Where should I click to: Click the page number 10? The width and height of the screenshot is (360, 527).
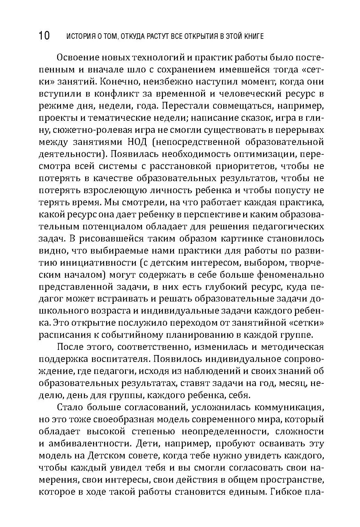44,36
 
